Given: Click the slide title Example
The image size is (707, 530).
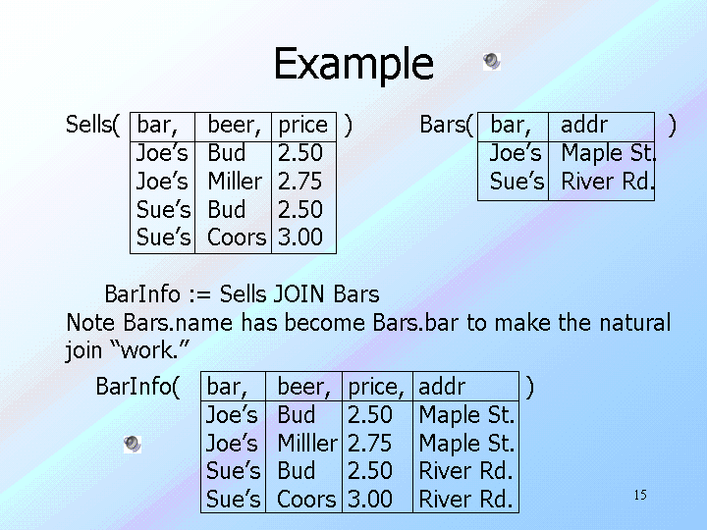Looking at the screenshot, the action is (x=353, y=65).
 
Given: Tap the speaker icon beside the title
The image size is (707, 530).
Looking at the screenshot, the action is (x=492, y=61).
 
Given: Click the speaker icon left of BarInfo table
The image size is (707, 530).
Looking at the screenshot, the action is (x=133, y=445).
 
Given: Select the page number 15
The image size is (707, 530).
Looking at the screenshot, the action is (x=640, y=495).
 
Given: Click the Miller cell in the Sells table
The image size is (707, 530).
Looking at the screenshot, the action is (x=235, y=182).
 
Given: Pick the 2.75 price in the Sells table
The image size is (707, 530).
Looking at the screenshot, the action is (x=299, y=182).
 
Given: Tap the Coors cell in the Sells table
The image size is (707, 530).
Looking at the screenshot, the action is (x=237, y=238).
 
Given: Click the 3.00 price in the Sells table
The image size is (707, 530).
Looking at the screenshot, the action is (x=299, y=238).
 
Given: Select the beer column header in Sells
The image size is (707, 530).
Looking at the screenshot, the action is (x=234, y=126).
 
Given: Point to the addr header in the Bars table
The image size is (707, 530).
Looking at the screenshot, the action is (x=584, y=125).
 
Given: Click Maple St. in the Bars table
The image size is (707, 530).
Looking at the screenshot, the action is (x=608, y=154).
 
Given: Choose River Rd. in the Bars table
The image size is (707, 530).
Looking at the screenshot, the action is (x=608, y=182).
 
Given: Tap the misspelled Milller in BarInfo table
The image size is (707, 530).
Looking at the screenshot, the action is (x=307, y=443).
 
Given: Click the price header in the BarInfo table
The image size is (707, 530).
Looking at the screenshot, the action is (x=375, y=388).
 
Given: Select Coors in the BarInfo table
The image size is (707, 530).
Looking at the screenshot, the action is (x=306, y=500).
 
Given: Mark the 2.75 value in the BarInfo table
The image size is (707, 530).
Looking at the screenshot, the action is (x=370, y=443).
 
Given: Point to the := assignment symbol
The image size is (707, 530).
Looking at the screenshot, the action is (x=199, y=295).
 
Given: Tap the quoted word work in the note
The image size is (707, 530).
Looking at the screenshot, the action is (x=150, y=350).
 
